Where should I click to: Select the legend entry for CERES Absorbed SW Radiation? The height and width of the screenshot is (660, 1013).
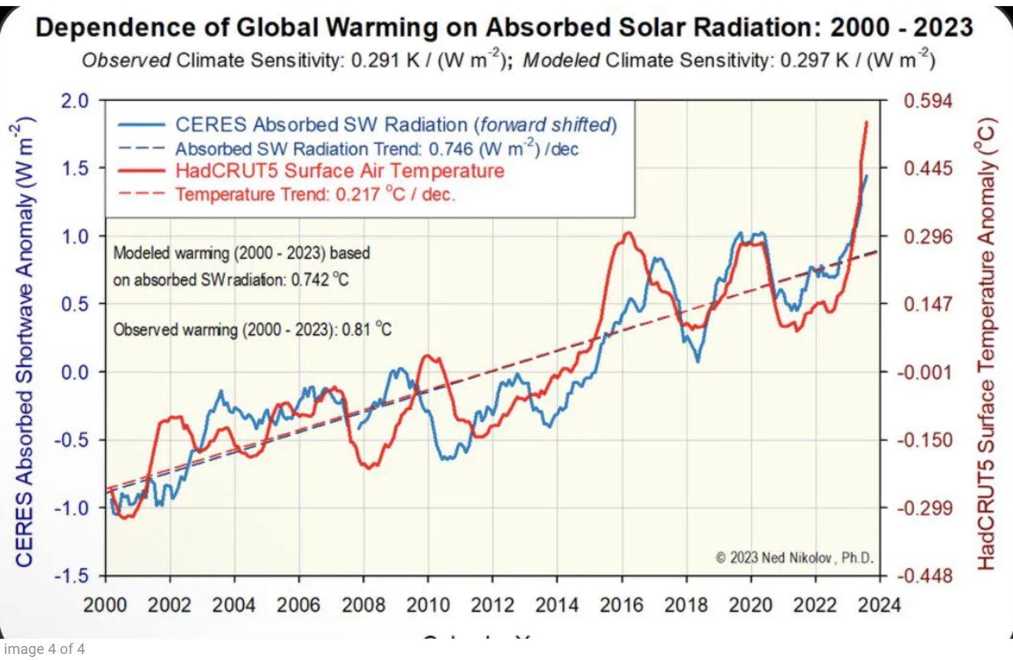395,125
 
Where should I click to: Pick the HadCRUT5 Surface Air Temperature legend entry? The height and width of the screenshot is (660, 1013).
340,171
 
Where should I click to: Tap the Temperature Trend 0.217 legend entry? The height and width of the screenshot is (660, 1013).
315,195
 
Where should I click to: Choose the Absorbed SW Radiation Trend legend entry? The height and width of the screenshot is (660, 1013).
377,148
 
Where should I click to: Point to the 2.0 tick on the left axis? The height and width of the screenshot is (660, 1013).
75,101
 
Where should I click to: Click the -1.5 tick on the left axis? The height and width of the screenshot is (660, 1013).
72,576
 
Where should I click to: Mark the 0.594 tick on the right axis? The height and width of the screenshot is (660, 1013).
927,101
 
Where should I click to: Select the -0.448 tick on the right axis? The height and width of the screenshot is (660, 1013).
924,576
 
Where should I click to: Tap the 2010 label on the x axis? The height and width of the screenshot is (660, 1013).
428,604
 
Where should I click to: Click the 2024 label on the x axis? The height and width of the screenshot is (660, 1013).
879,604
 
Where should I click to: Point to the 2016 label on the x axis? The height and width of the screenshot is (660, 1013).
621,604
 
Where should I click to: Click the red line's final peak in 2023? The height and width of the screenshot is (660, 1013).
866,122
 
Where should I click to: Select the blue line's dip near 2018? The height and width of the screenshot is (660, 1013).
698,361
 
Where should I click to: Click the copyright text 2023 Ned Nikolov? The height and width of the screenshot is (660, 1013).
795,558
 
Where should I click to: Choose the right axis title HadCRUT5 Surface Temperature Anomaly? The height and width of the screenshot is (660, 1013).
987,343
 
